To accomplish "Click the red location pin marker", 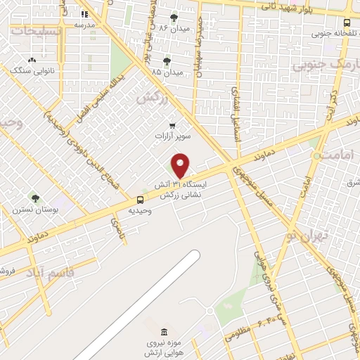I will (181, 165).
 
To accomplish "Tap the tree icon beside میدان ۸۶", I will (174, 18).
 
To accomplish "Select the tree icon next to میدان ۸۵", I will (167, 61).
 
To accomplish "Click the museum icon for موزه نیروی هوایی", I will (164, 332).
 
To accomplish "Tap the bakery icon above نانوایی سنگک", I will (32, 61).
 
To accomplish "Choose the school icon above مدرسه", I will (85, 14).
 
